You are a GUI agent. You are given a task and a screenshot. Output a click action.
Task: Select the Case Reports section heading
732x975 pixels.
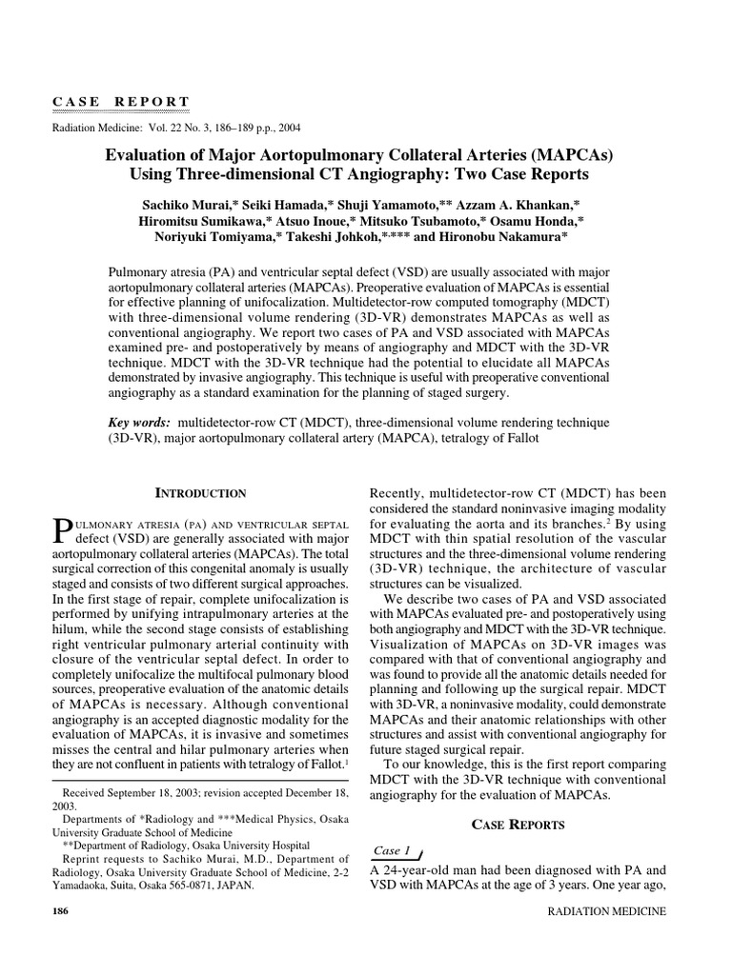coord(518,824)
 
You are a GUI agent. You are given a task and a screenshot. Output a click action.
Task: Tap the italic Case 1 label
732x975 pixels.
coord(391,849)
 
